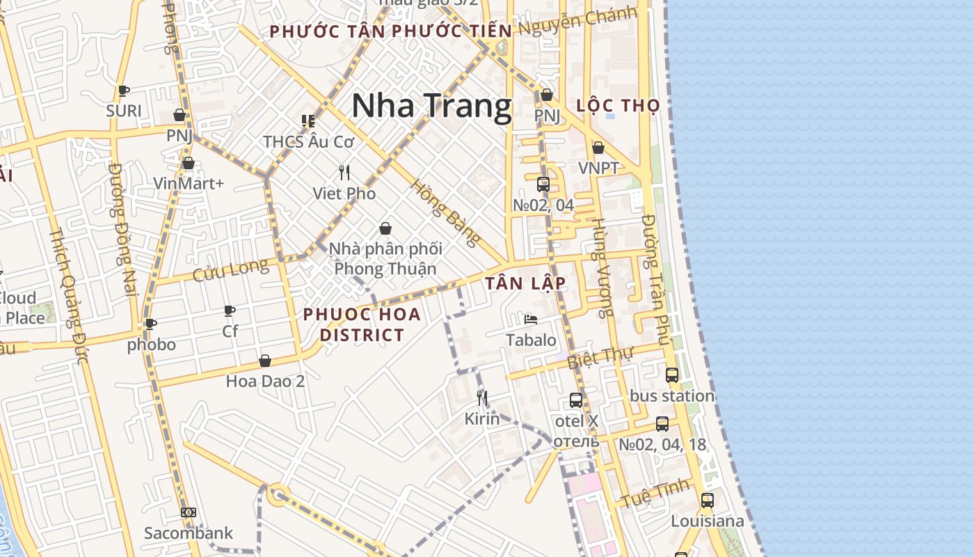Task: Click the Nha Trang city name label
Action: tap(431, 107)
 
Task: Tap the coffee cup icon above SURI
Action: tap(124, 91)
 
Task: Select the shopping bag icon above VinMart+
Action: tap(188, 164)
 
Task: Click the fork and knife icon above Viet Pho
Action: tap(344, 173)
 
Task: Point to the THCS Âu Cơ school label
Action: tap(309, 141)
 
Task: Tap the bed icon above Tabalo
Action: tap(531, 320)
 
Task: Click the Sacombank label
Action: tap(189, 533)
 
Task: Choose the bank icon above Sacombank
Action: tap(189, 512)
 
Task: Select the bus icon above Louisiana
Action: tap(707, 500)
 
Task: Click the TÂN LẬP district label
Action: tap(525, 283)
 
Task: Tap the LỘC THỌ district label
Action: tap(618, 106)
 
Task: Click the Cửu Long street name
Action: tap(230, 270)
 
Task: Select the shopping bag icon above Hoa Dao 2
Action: tap(265, 361)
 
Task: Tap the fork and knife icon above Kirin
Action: tap(481, 398)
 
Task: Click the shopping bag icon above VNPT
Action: tap(598, 148)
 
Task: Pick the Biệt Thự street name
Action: tap(600, 358)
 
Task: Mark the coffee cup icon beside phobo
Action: tap(150, 324)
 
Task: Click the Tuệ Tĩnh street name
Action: tap(655, 493)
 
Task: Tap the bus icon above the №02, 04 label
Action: tap(543, 185)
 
